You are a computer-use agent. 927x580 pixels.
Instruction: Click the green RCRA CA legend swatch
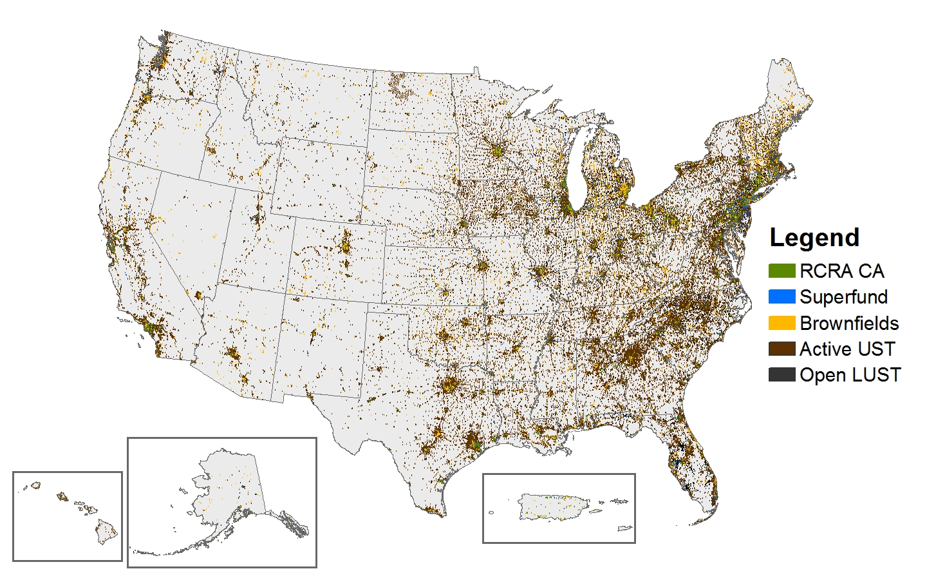pos(782,271)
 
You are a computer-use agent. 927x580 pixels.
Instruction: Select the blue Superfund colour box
pos(782,296)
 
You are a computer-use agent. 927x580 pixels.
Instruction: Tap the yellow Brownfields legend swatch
pos(782,323)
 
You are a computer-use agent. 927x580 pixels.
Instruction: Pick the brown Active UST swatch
pos(782,349)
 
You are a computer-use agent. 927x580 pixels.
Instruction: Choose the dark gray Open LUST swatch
pos(782,374)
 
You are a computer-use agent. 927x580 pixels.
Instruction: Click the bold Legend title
pos(814,238)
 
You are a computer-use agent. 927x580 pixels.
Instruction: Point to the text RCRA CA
pos(842,271)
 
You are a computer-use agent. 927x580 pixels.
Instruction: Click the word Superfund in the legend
pos(843,297)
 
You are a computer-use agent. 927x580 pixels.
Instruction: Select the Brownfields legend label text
pos(849,324)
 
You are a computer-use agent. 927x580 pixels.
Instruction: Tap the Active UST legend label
pos(847,349)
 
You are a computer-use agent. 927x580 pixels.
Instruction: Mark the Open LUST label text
pos(850,375)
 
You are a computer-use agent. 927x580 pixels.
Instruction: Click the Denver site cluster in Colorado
pos(346,245)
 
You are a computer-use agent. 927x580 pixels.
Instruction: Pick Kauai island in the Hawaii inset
pos(35,485)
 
